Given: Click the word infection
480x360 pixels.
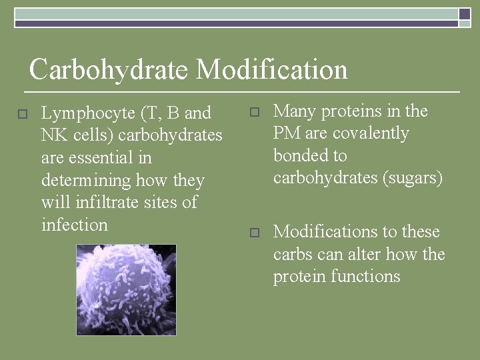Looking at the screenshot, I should click(74, 225).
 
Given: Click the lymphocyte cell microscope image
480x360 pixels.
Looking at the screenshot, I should click(126, 289).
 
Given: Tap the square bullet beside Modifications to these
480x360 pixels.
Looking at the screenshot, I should click(253, 233).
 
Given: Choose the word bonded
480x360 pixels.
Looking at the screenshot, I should click(301, 156).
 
